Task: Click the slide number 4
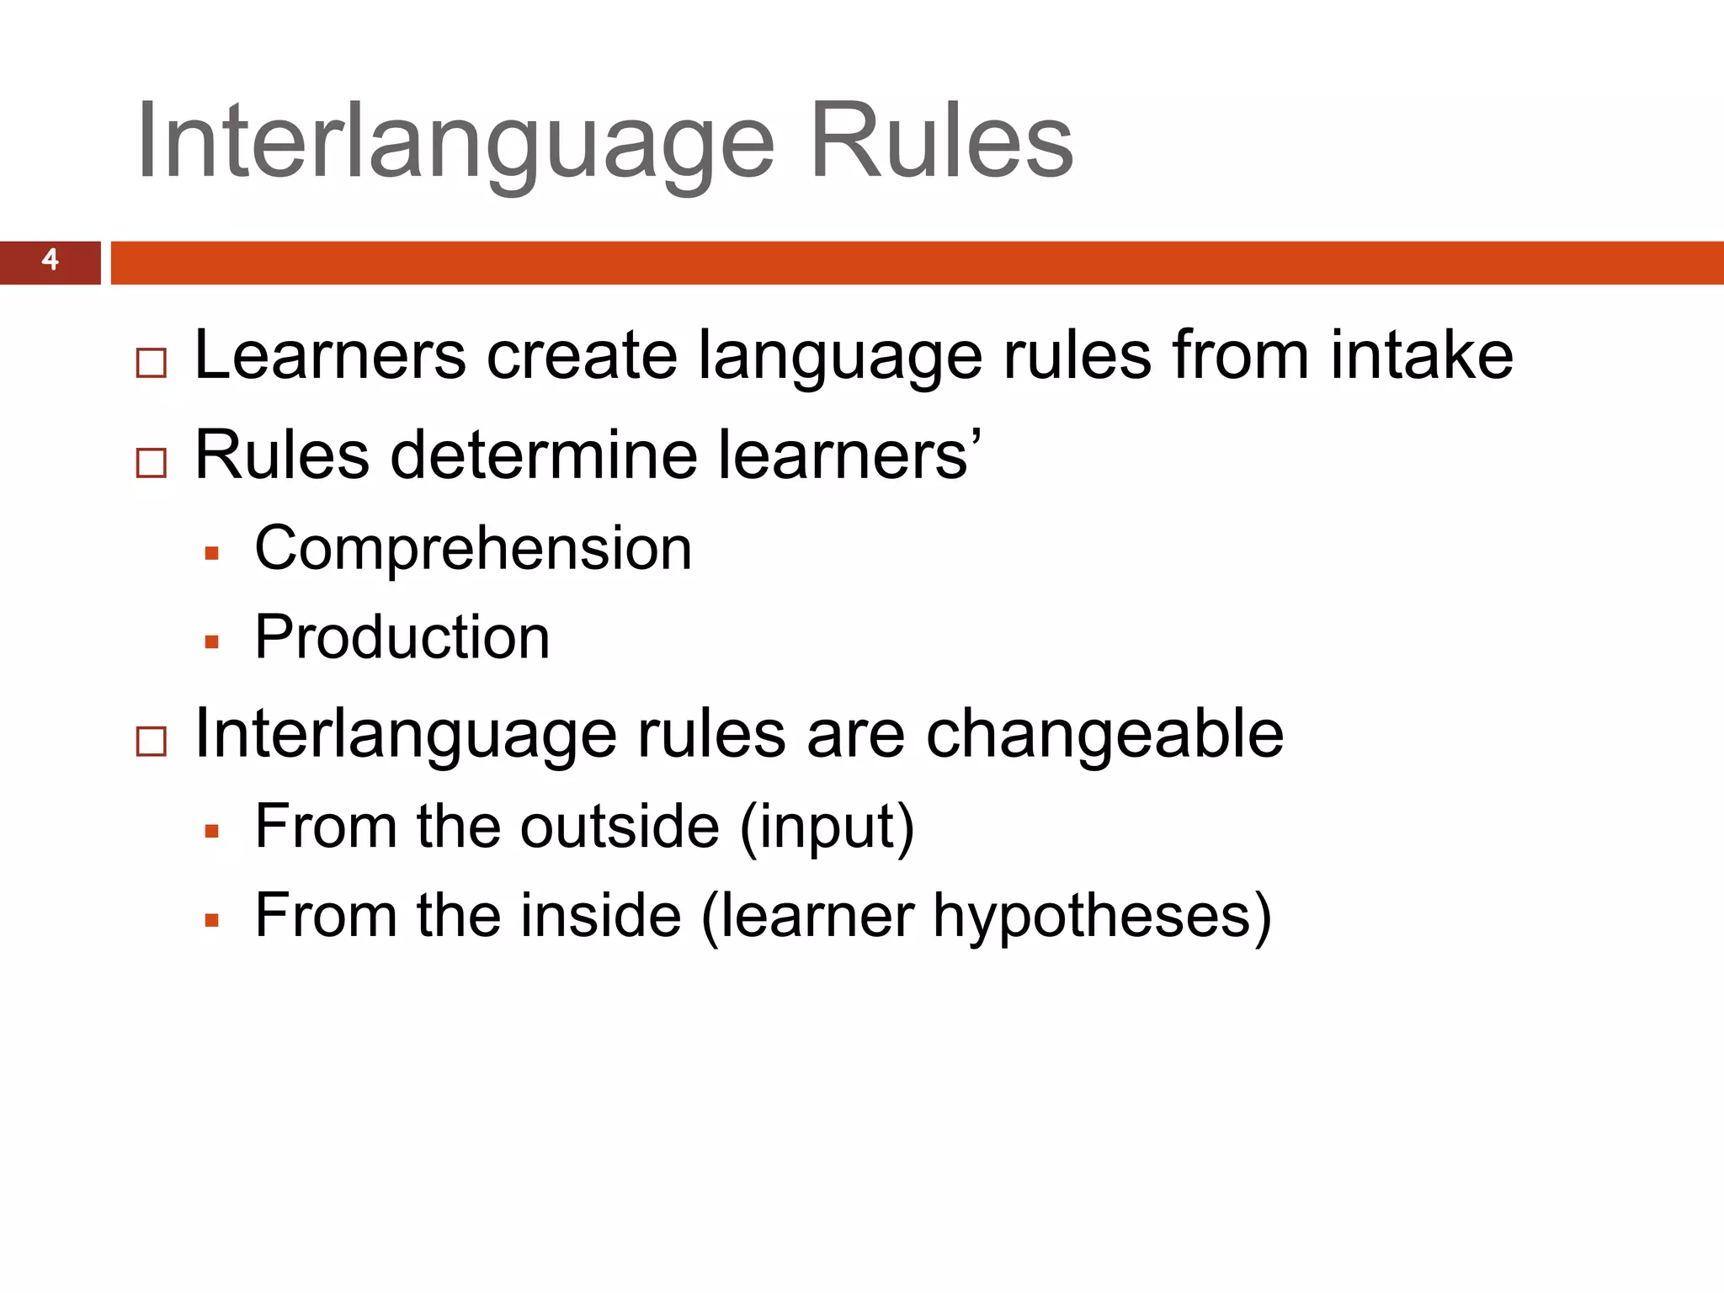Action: point(51,259)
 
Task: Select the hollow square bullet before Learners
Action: point(152,363)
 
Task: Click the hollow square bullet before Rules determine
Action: point(152,462)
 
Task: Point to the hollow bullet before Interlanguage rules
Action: point(152,741)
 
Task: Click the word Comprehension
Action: point(473,549)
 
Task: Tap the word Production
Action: point(402,637)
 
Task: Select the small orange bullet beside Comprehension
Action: point(211,554)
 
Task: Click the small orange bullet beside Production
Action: point(211,642)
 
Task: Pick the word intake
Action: point(1422,355)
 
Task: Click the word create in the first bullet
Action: point(582,355)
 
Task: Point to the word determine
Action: point(544,455)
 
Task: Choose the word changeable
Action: point(1104,735)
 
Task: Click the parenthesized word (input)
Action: point(827,828)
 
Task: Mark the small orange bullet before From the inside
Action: point(211,921)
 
